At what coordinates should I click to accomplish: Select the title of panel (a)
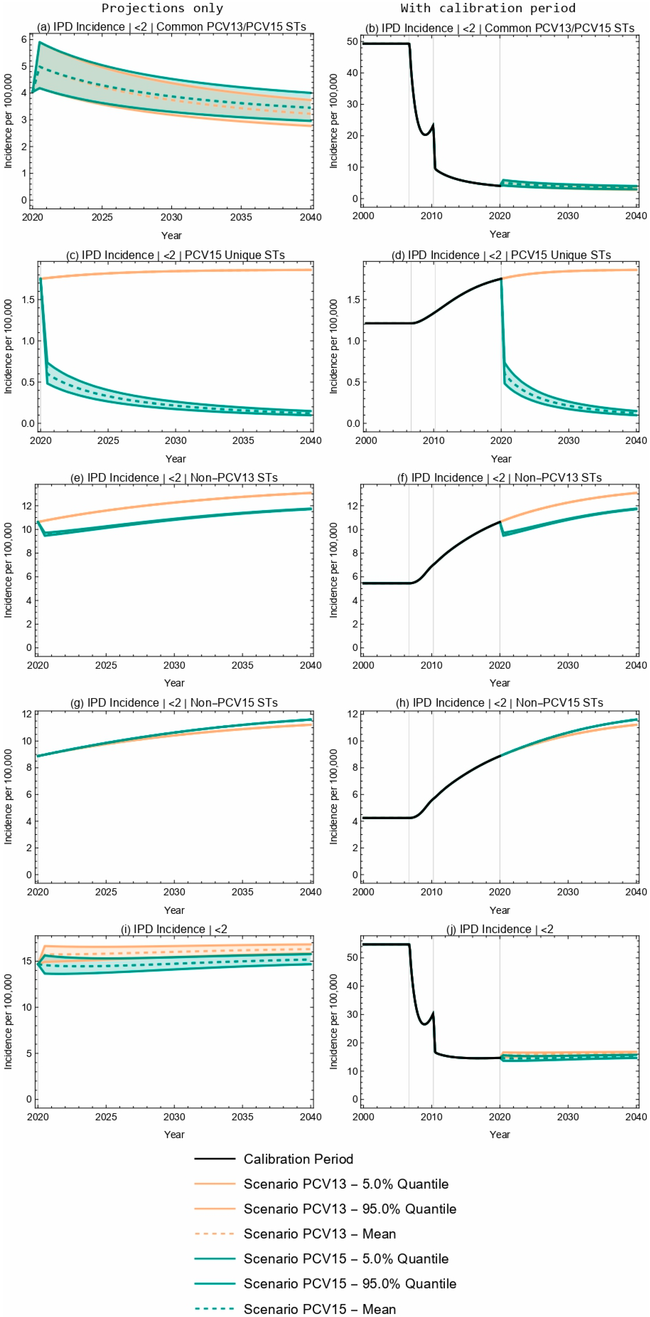point(171,27)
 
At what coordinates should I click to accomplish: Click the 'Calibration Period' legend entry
point(298,1159)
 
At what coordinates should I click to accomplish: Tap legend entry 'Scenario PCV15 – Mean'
point(319,1309)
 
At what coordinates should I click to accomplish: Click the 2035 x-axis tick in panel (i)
point(242,1117)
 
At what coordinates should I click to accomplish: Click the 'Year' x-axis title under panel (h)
point(499,910)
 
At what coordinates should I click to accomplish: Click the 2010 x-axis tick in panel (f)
point(431,665)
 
